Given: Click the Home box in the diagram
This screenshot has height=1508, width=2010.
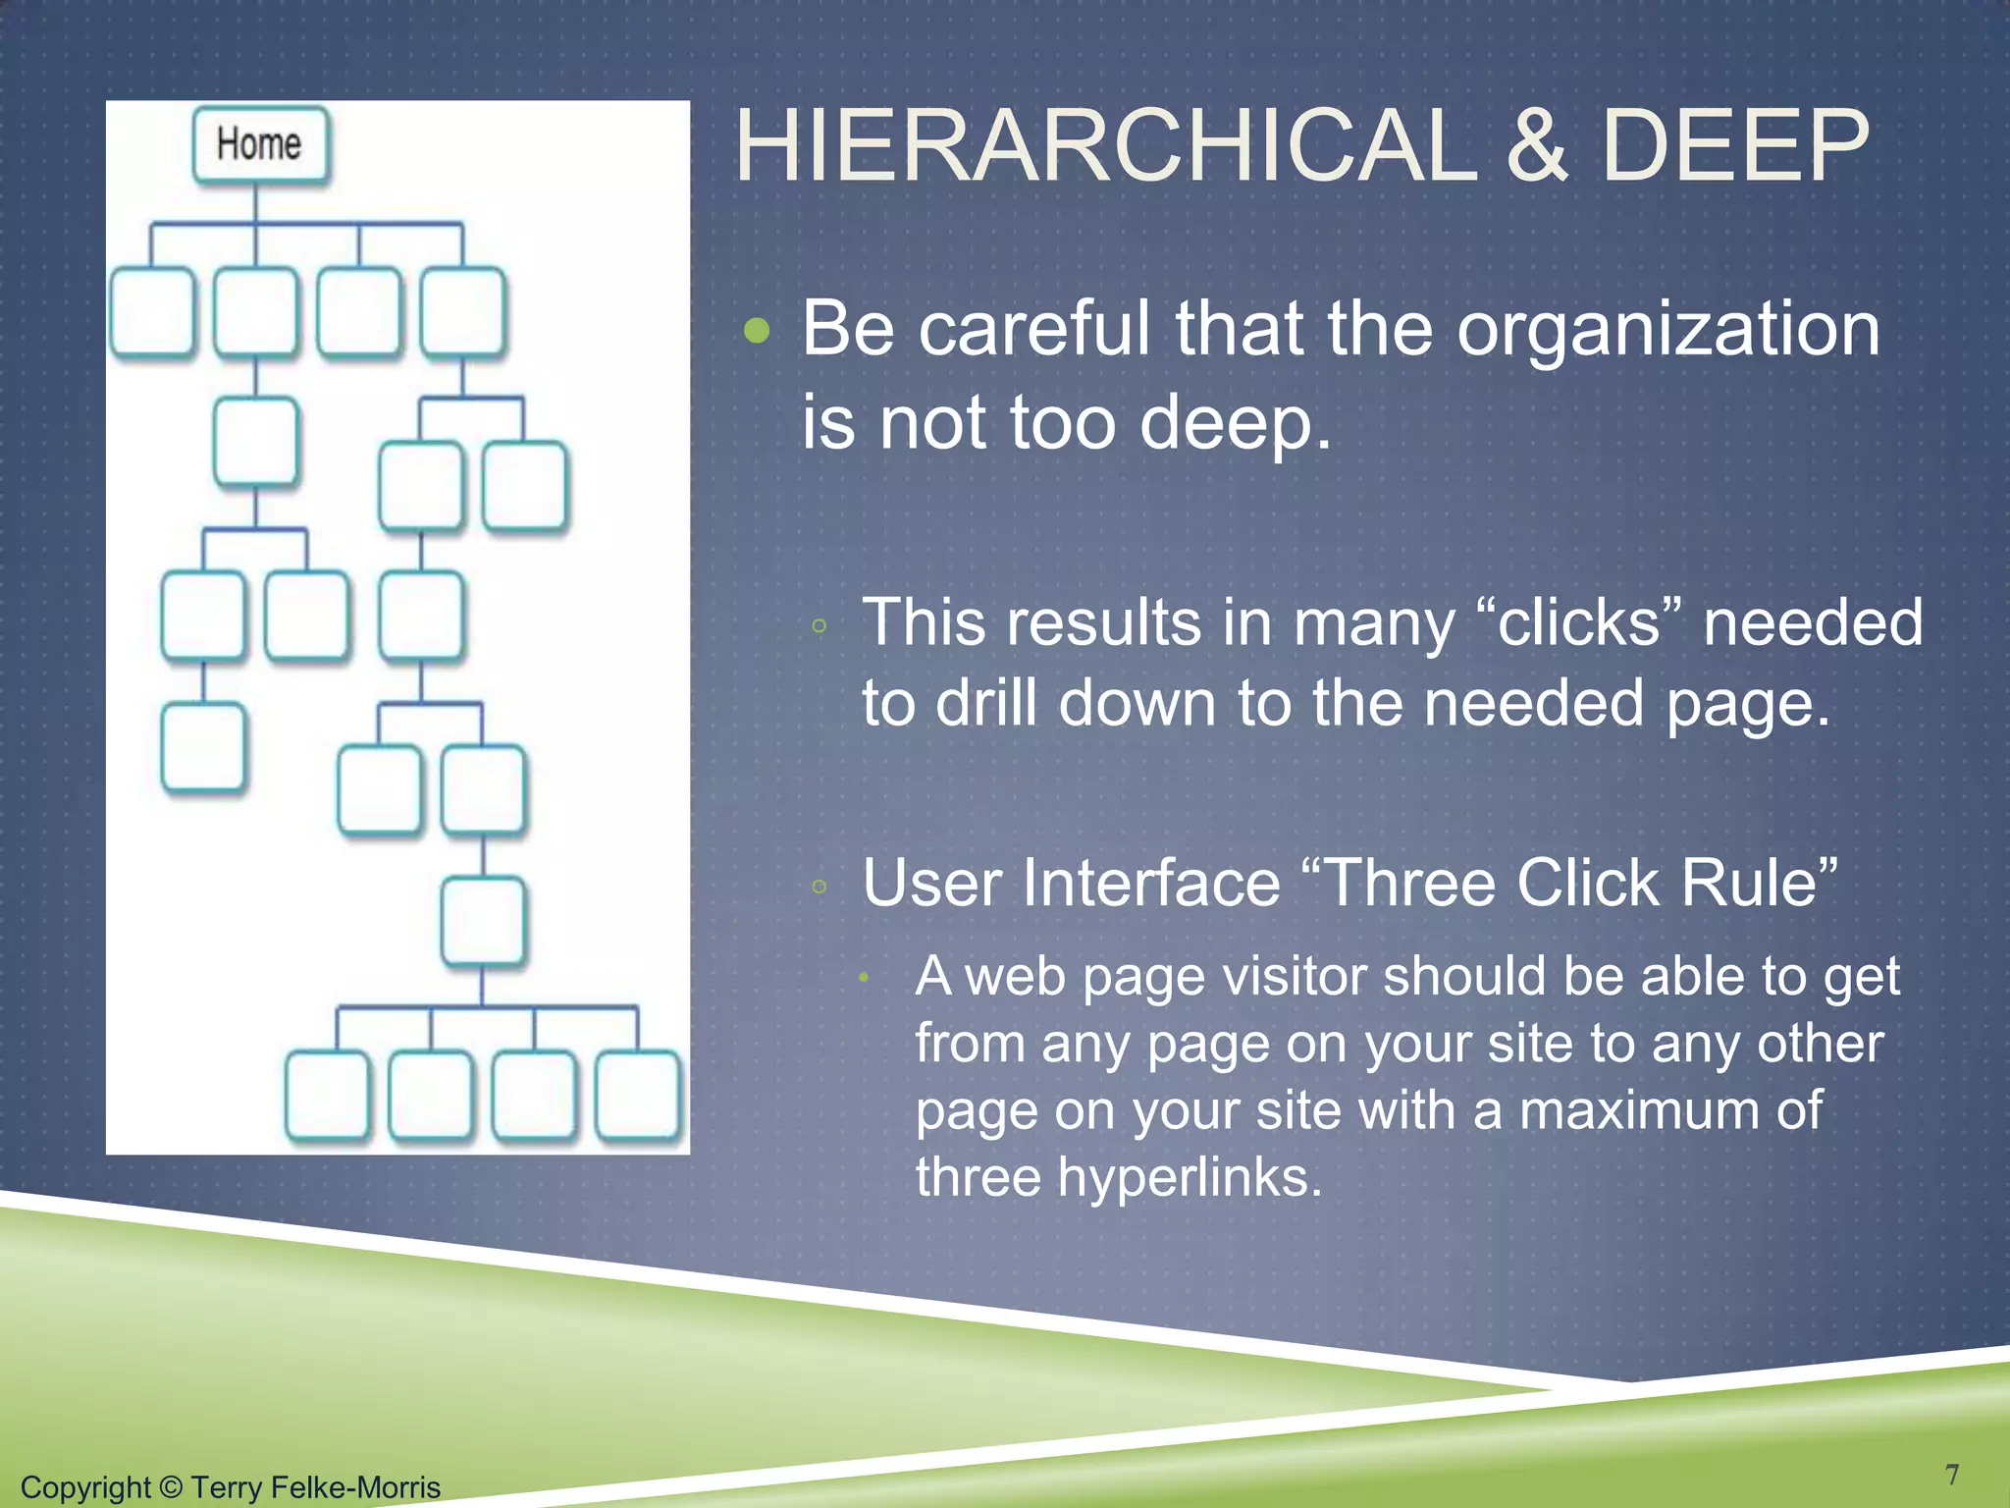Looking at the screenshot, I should click(x=260, y=145).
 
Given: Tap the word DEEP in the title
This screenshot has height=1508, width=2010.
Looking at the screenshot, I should click(x=1734, y=147).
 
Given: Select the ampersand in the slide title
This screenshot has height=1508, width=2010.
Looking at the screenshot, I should click(x=1538, y=147).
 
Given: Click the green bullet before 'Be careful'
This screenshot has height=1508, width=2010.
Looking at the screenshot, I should click(x=757, y=331).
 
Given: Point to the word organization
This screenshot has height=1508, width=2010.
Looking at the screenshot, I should click(x=1668, y=329).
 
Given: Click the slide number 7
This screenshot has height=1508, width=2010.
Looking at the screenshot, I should click(x=1952, y=1475).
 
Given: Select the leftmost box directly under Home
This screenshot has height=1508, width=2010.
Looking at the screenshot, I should click(x=152, y=311).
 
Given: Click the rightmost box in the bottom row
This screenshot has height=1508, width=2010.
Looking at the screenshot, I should click(x=639, y=1096).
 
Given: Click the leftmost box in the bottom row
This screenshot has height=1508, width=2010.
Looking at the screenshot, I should click(x=328, y=1096).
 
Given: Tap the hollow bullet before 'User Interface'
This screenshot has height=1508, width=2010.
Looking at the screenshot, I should click(x=820, y=888).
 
